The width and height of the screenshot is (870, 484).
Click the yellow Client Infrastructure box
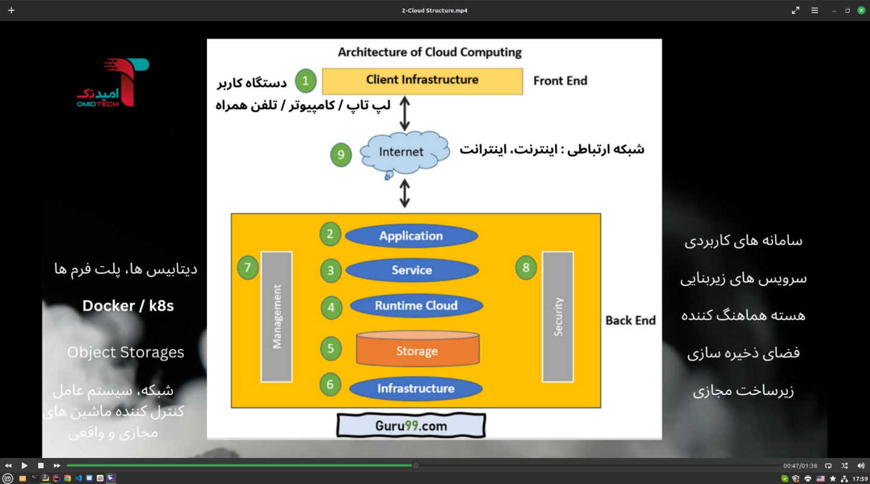click(x=422, y=80)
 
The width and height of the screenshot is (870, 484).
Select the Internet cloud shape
click(x=403, y=152)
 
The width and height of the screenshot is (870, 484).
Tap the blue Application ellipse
click(x=411, y=236)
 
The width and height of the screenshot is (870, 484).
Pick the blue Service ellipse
click(x=412, y=270)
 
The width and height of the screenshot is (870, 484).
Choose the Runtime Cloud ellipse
click(x=416, y=306)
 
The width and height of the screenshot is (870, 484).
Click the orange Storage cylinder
click(x=417, y=349)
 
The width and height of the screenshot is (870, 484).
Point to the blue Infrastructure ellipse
click(x=416, y=388)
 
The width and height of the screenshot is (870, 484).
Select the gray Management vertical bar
click(x=277, y=316)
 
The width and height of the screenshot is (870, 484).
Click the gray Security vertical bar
click(x=558, y=316)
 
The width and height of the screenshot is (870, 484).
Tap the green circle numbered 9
click(x=341, y=155)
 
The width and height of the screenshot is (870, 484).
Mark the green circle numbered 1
click(x=306, y=80)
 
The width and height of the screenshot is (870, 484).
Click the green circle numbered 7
click(x=248, y=267)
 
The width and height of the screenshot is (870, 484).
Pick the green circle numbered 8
click(x=526, y=267)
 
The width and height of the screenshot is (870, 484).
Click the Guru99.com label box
click(x=411, y=425)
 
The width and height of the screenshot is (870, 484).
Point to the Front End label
click(x=560, y=80)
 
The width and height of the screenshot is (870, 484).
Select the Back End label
click(x=630, y=321)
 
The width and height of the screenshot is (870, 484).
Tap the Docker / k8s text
click(x=128, y=306)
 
